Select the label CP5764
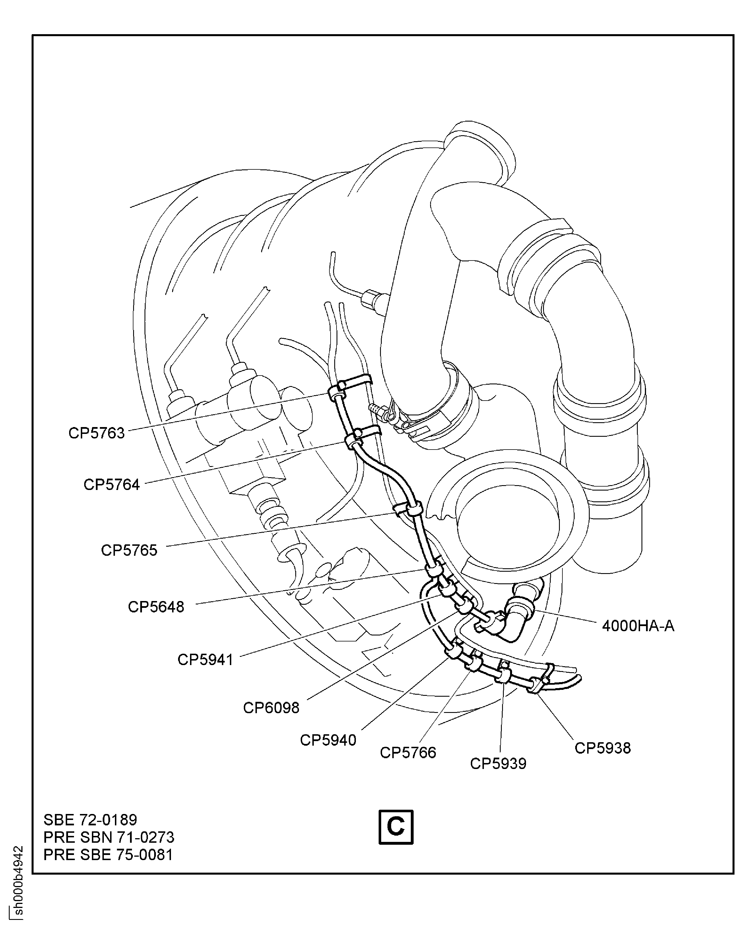pyautogui.click(x=112, y=485)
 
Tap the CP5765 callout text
pyautogui.click(x=129, y=550)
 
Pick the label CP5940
pyautogui.click(x=328, y=740)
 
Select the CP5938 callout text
pyautogui.click(x=603, y=748)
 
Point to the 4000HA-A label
pyautogui.click(x=638, y=626)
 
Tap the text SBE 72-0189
pyautogui.click(x=90, y=820)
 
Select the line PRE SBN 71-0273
pyautogui.click(x=109, y=837)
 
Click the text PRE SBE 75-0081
pyautogui.click(x=108, y=854)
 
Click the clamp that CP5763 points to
pyautogui.click(x=337, y=393)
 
